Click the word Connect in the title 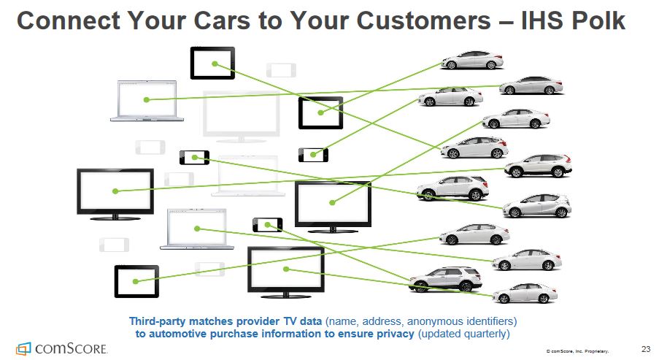[62, 20]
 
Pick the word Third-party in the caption [158, 321]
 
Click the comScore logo [62, 348]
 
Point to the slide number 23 [645, 347]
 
